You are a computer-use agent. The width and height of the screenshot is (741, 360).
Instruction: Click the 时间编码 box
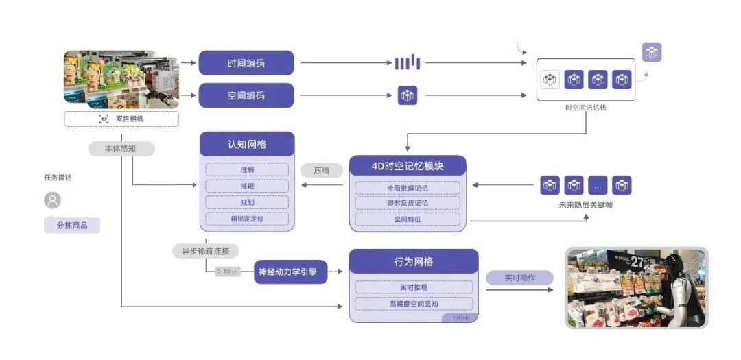pyautogui.click(x=246, y=63)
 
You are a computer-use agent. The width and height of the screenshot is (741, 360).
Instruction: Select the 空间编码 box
pyautogui.click(x=246, y=95)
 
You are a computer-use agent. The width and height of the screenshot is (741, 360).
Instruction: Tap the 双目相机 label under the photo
pyautogui.click(x=121, y=119)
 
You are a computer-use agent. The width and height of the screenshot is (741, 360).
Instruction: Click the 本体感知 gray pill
pyautogui.click(x=121, y=148)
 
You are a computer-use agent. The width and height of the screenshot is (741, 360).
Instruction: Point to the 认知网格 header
pyautogui.click(x=247, y=145)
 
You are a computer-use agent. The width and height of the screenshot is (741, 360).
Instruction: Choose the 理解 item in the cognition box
pyautogui.click(x=247, y=169)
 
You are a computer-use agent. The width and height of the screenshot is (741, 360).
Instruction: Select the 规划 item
pyautogui.click(x=247, y=202)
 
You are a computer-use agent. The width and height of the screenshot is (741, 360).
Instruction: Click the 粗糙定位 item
pyautogui.click(x=247, y=219)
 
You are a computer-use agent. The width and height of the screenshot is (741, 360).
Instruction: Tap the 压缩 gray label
pyautogui.click(x=322, y=170)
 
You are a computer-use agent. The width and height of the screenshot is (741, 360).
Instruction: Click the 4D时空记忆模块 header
pyautogui.click(x=408, y=167)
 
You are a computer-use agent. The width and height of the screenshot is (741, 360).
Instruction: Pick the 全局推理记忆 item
pyautogui.click(x=408, y=187)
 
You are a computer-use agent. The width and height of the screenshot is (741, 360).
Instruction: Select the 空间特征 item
pyautogui.click(x=408, y=220)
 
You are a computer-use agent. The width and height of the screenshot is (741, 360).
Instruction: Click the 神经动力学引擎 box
pyautogui.click(x=290, y=272)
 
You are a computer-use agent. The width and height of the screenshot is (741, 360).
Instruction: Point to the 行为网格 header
pyautogui.click(x=413, y=262)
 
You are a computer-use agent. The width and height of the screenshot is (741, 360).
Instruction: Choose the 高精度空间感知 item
pyautogui.click(x=413, y=304)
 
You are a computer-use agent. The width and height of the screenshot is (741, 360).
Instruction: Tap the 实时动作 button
pyautogui.click(x=519, y=278)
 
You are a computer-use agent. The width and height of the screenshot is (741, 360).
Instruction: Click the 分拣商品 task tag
pyautogui.click(x=72, y=225)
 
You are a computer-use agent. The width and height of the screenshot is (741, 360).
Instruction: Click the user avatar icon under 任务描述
pyautogui.click(x=52, y=200)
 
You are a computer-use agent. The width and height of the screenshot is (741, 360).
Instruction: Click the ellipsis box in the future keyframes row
pyautogui.click(x=598, y=185)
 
